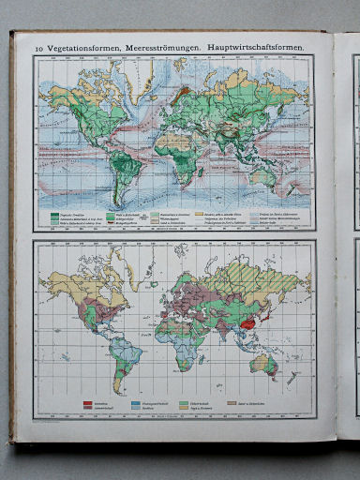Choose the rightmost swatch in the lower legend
(247, 400)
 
